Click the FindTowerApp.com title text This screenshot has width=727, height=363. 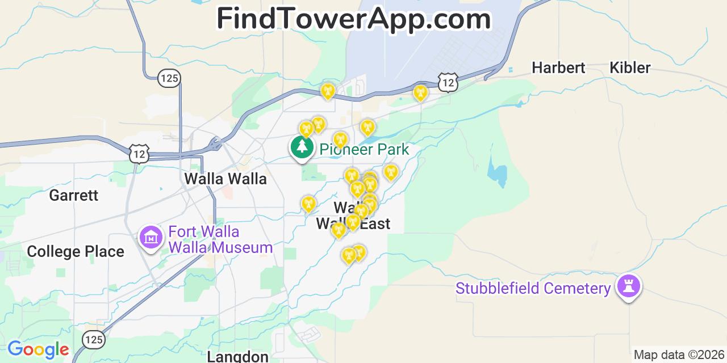(x=353, y=19)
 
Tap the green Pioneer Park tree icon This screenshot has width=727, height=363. (x=302, y=147)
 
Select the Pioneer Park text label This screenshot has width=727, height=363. (x=364, y=150)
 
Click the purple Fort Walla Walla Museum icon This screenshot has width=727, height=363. (x=151, y=237)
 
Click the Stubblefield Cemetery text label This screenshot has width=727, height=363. (x=533, y=289)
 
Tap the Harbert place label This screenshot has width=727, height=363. (x=558, y=68)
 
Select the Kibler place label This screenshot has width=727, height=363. (x=630, y=68)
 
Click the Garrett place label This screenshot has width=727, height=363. (x=73, y=196)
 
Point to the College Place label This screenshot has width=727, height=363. (x=76, y=252)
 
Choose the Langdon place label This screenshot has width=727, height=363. (x=237, y=356)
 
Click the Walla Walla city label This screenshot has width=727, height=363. (x=225, y=179)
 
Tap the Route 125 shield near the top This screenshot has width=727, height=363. (x=169, y=78)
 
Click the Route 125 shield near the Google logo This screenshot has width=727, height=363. (x=94, y=339)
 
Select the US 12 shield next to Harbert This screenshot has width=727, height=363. (x=448, y=83)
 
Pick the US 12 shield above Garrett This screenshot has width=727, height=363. (x=139, y=154)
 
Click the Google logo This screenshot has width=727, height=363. (x=38, y=350)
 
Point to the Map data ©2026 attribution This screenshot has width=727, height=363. (x=679, y=355)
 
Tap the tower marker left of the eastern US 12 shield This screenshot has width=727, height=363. (x=420, y=92)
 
